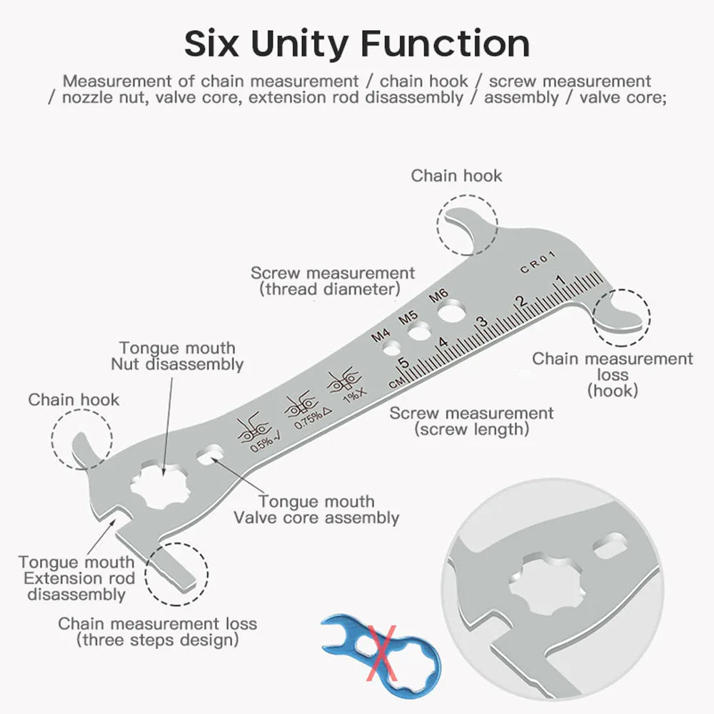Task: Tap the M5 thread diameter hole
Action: click(x=420, y=330)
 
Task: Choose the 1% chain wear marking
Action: click(x=344, y=386)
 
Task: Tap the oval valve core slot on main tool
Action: click(x=212, y=454)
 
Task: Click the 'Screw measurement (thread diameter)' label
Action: click(x=332, y=281)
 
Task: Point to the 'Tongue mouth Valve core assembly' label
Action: click(x=316, y=510)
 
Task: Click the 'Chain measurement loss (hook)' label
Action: click(x=612, y=374)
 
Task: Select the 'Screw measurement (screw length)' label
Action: click(x=471, y=421)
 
